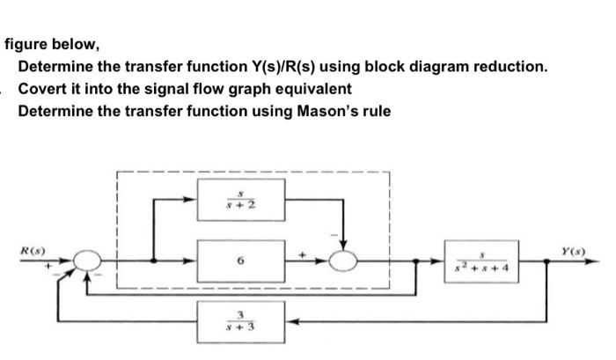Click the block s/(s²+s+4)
pos(482,261)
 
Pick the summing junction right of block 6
pos(344,261)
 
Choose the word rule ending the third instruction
pos(375,112)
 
